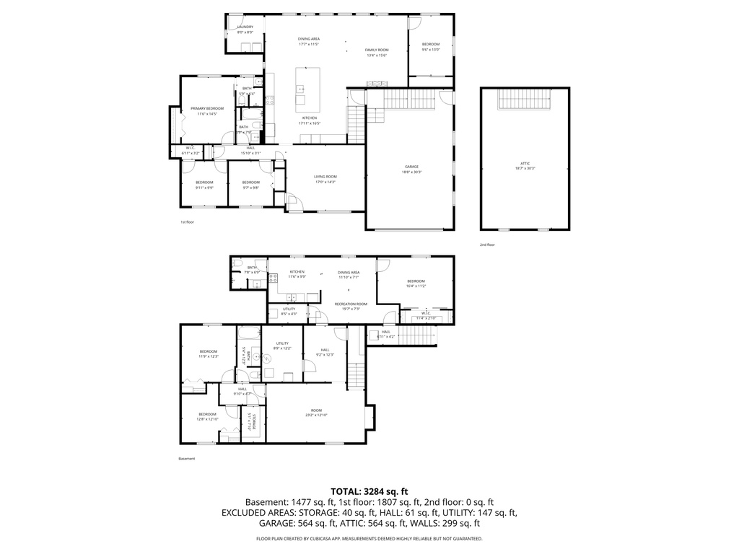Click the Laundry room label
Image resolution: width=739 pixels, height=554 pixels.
coord(245,30)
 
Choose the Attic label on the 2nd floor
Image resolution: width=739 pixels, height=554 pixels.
coord(525,165)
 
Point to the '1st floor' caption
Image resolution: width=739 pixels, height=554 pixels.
coord(187,222)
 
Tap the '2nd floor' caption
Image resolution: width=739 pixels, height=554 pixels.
coord(487,245)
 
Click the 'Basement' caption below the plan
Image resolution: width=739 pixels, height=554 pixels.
coord(186,458)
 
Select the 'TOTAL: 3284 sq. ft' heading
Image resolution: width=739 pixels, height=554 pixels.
coord(369,491)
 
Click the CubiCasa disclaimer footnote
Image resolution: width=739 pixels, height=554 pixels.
coord(369,539)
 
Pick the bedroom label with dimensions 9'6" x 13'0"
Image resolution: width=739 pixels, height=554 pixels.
coord(431,47)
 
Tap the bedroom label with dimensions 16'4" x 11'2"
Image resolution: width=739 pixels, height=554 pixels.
coord(415,283)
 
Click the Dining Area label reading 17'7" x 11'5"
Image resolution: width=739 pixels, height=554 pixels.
coord(309,41)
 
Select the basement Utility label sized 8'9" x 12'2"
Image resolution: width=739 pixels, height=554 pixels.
coord(282,346)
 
